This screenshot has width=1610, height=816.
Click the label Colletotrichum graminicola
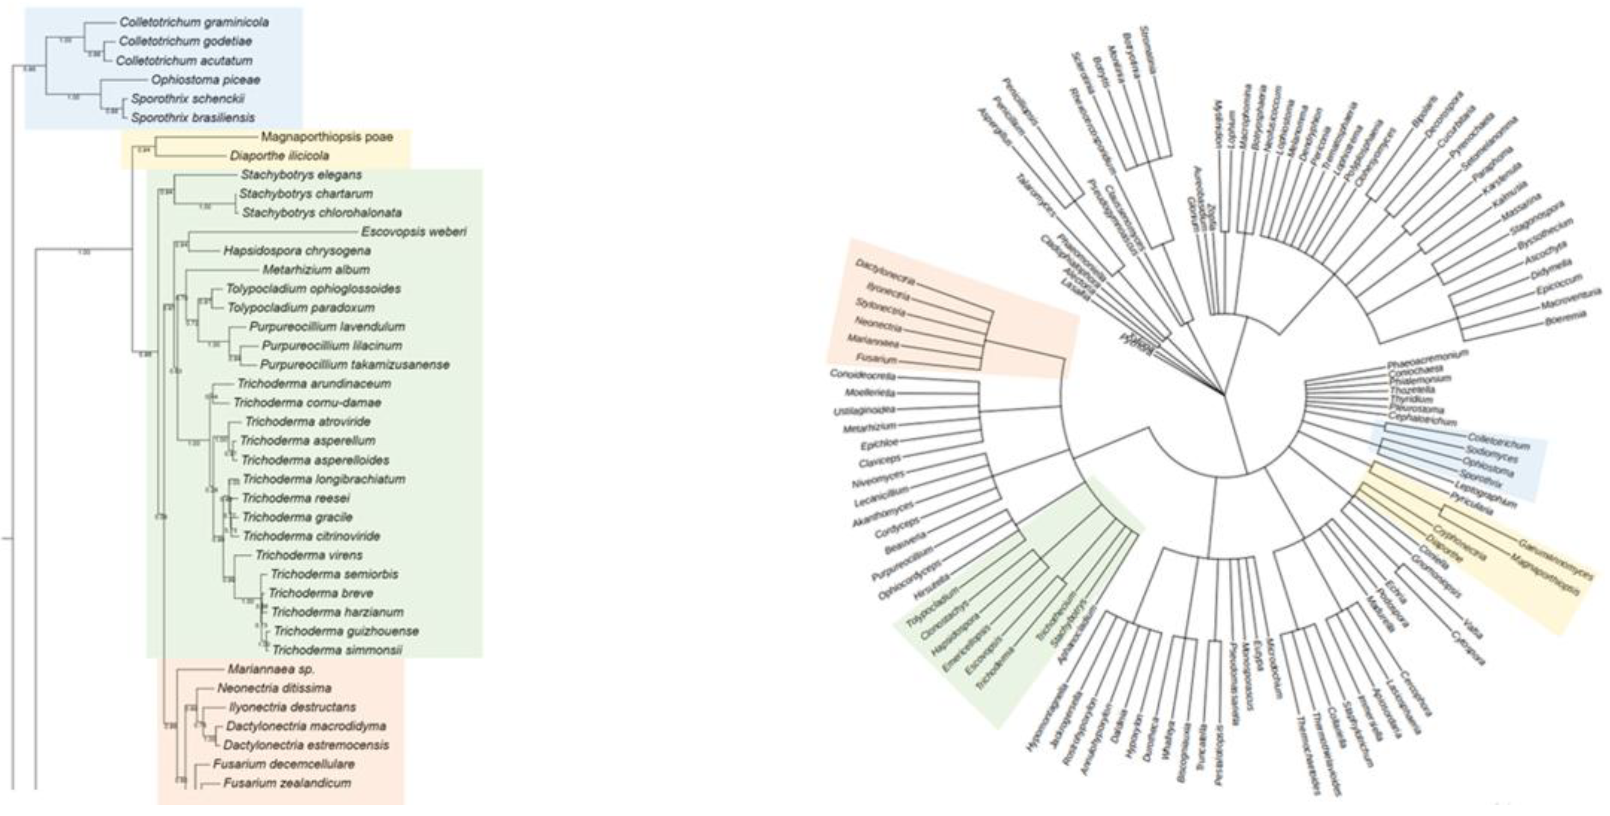194,22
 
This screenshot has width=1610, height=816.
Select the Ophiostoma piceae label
205,80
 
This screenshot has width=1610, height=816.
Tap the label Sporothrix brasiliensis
192,117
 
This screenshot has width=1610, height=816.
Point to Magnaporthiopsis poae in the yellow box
327,137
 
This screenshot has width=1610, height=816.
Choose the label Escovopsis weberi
414,232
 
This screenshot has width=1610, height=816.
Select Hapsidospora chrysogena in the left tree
297,250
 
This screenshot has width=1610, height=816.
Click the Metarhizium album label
316,270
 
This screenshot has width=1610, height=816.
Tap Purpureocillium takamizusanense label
355,365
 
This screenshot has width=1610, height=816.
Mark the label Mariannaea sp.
271,669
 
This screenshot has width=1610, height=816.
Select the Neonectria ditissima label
274,688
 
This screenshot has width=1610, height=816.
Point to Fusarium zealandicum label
287,783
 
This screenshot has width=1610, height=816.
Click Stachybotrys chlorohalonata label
321,213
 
